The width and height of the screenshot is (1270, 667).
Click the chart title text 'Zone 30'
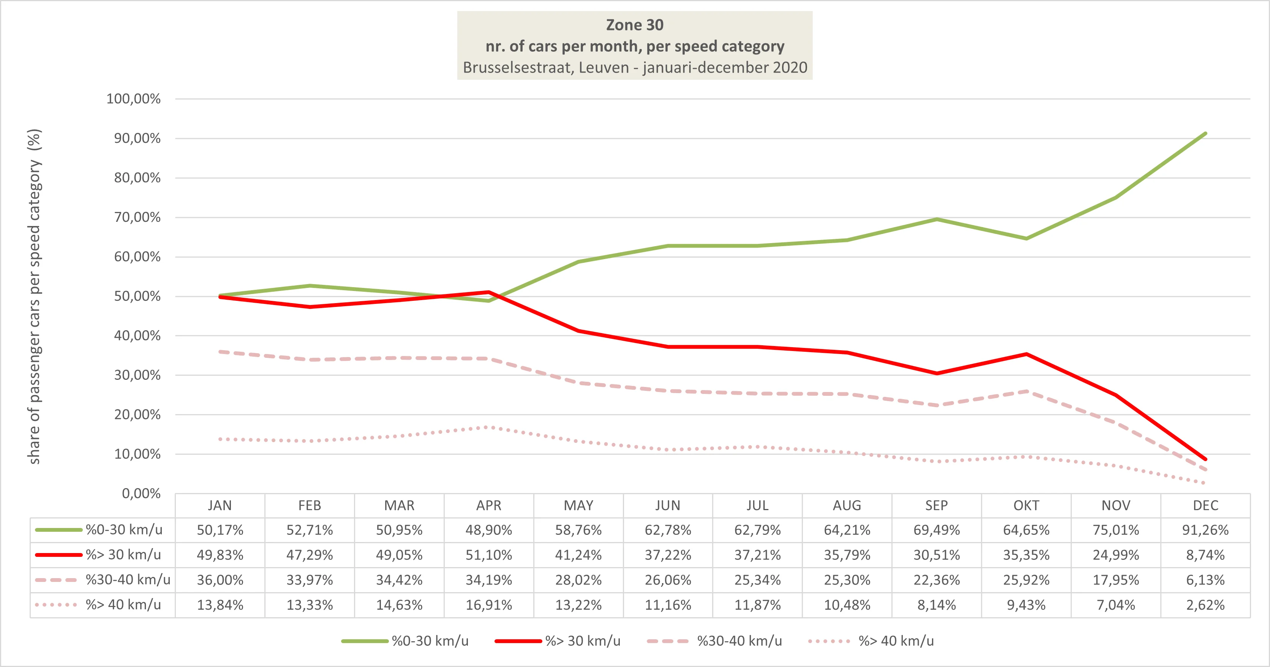pyautogui.click(x=635, y=25)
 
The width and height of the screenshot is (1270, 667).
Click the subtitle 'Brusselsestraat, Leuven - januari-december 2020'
pyautogui.click(x=635, y=68)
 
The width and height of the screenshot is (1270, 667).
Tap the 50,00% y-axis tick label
pyautogui.click(x=137, y=296)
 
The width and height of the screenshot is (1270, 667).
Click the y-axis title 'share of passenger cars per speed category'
pyautogui.click(x=35, y=296)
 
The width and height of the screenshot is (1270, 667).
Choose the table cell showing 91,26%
pyautogui.click(x=1205, y=530)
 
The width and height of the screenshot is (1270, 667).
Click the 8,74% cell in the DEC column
pyautogui.click(x=1205, y=555)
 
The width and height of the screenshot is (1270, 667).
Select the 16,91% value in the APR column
pyautogui.click(x=488, y=605)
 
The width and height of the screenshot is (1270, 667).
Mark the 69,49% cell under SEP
pyautogui.click(x=936, y=530)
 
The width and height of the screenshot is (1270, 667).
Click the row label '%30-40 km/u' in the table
pyautogui.click(x=128, y=580)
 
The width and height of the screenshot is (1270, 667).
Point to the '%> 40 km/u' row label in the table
pyautogui.click(x=123, y=605)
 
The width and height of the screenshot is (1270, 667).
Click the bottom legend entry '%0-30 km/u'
pyautogui.click(x=430, y=641)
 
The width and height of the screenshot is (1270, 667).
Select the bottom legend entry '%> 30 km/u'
pyautogui.click(x=582, y=641)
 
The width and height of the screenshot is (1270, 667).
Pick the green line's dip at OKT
pyautogui.click(x=1026, y=239)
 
